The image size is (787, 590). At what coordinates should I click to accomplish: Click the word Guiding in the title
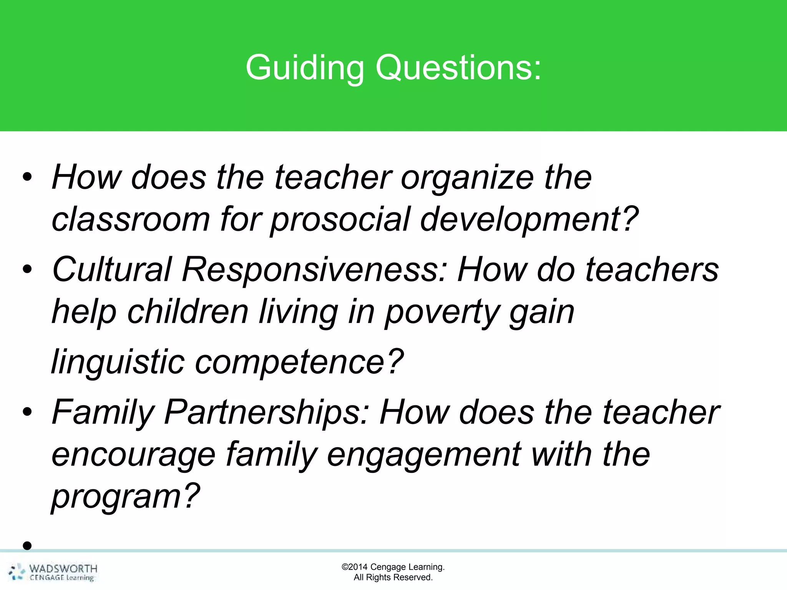pyautogui.click(x=304, y=68)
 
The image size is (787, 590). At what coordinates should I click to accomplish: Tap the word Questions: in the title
pyautogui.click(x=458, y=68)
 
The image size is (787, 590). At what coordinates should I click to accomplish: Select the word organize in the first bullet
pyautogui.click(x=467, y=177)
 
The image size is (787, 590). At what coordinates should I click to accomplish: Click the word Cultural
pyautogui.click(x=111, y=269)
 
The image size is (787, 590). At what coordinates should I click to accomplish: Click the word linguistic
pyautogui.click(x=118, y=362)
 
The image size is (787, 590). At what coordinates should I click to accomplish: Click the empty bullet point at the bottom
pyautogui.click(x=27, y=545)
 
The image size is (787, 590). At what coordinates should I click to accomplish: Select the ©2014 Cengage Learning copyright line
pyautogui.click(x=393, y=567)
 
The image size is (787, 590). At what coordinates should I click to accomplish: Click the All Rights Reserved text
pyautogui.click(x=393, y=577)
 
